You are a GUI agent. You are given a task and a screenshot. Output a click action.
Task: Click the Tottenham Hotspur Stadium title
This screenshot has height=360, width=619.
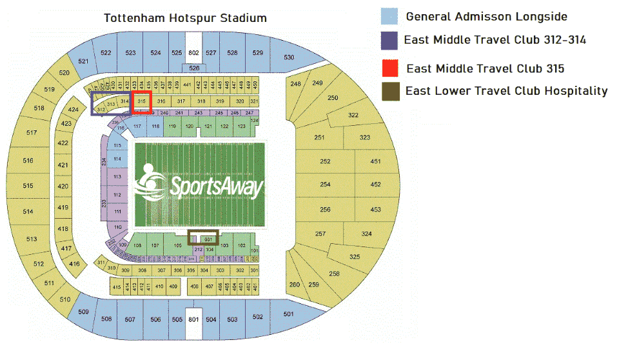(185, 18)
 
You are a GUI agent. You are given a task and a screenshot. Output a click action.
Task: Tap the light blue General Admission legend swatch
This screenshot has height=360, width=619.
(389, 16)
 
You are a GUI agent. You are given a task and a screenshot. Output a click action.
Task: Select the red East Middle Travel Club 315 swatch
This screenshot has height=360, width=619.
(389, 68)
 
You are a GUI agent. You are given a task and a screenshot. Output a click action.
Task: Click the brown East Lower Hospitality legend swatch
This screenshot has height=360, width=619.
(389, 91)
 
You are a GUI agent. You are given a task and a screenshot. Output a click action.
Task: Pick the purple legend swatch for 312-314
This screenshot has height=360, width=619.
(389, 40)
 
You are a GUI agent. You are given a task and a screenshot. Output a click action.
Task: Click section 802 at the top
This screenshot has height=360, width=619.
(193, 52)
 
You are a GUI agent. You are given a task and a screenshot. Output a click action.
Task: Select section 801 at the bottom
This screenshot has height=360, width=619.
(193, 319)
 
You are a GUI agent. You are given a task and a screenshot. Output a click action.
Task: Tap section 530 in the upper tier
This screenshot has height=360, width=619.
(289, 57)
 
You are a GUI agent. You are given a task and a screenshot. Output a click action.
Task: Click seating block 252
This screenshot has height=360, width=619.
(325, 161)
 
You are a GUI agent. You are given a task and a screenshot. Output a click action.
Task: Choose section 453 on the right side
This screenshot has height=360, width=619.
(376, 210)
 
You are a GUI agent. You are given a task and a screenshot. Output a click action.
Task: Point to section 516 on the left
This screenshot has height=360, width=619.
(28, 160)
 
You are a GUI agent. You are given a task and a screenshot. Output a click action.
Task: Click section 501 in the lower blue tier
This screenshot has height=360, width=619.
(288, 314)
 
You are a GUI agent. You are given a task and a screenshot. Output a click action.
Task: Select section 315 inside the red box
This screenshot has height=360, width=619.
(141, 101)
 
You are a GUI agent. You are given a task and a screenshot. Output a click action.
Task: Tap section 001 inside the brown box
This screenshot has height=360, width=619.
(208, 239)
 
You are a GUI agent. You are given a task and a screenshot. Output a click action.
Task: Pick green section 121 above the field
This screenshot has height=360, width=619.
(208, 127)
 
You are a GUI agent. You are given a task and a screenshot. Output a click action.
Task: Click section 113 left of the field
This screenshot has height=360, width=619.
(117, 176)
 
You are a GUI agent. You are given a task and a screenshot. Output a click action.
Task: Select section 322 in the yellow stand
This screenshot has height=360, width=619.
(353, 115)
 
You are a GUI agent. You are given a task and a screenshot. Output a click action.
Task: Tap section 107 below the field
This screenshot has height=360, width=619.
(155, 246)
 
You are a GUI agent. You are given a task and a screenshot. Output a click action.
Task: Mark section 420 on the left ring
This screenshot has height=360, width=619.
(63, 186)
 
